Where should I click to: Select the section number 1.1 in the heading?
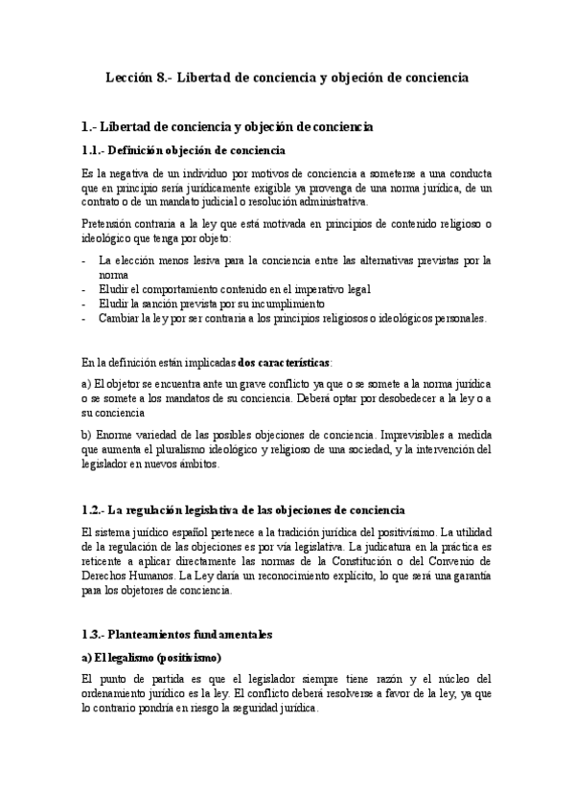93,150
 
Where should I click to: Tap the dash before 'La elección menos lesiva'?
85,260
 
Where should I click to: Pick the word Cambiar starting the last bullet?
119,318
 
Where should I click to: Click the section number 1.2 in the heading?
93,510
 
